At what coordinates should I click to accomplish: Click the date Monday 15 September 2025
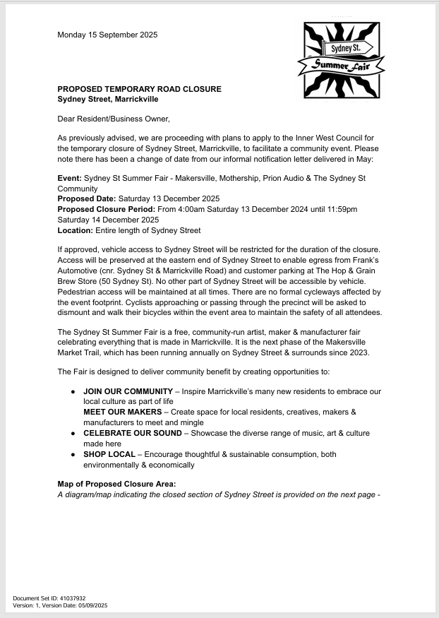tap(107, 35)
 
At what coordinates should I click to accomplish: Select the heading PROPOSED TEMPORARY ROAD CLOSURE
tap(139, 89)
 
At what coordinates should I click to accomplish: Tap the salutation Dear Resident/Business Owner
tap(114, 119)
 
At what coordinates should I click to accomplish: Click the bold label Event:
tap(69, 179)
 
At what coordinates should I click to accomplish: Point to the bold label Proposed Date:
tap(87, 199)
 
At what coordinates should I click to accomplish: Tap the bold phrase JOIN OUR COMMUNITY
tap(128, 391)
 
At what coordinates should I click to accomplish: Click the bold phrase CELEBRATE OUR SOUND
tap(132, 433)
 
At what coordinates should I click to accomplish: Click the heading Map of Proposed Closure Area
tap(116, 484)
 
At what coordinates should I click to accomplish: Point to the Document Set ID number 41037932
tap(71, 598)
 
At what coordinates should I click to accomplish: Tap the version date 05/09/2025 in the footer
tap(92, 605)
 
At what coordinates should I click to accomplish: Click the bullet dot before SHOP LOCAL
tap(73, 454)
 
